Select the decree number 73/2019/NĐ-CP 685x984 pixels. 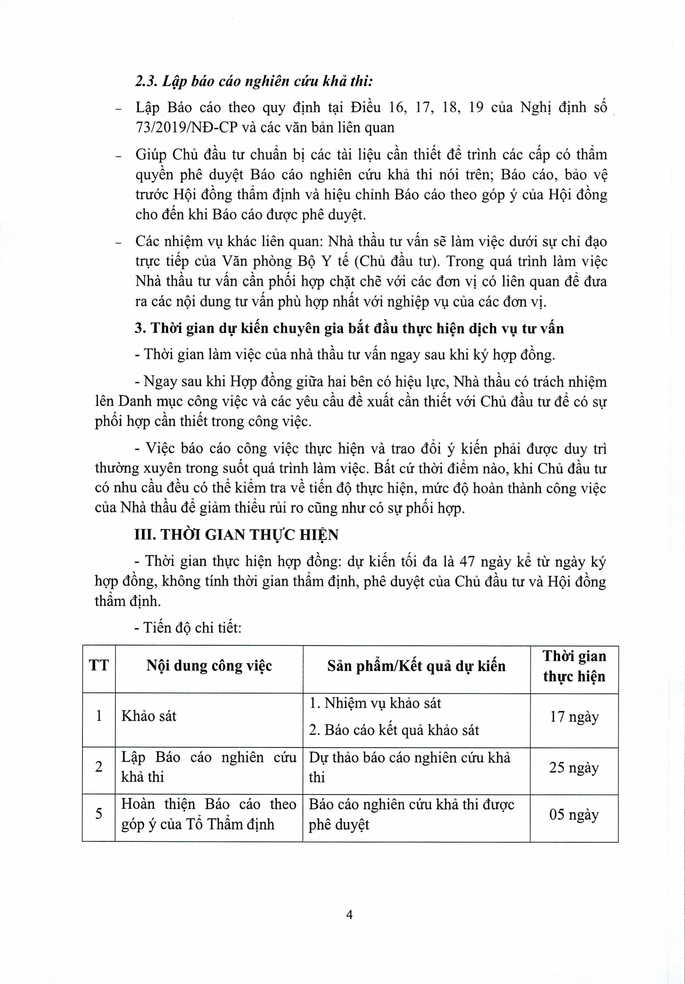point(186,127)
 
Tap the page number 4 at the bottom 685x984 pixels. point(349,915)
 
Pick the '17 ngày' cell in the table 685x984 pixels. point(574,717)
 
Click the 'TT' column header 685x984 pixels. point(99,666)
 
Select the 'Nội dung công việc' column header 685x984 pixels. point(209,666)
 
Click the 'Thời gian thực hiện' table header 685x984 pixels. point(574,666)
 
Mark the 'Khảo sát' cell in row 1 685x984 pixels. point(149,716)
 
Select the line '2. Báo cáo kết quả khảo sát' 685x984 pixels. point(394,730)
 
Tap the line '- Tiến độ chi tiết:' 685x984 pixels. point(188,628)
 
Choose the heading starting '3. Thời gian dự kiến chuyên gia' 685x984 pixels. point(349,328)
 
